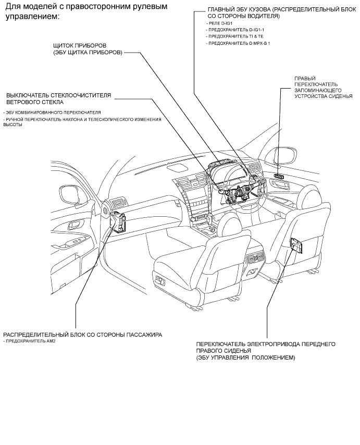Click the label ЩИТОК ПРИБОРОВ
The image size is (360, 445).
tap(80, 46)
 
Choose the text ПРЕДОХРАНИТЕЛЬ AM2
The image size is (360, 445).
tap(29, 341)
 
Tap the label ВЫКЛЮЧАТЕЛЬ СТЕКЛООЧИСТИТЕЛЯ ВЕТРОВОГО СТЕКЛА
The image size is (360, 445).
tap(59, 98)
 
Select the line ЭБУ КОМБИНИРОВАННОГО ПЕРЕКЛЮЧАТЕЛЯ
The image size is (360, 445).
tap(52, 113)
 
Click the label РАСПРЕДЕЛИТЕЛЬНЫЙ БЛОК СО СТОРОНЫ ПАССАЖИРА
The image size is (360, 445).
tap(82, 335)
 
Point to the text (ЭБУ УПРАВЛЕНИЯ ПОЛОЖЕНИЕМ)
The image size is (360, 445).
tap(245, 357)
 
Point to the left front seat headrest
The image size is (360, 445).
tap(230, 221)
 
